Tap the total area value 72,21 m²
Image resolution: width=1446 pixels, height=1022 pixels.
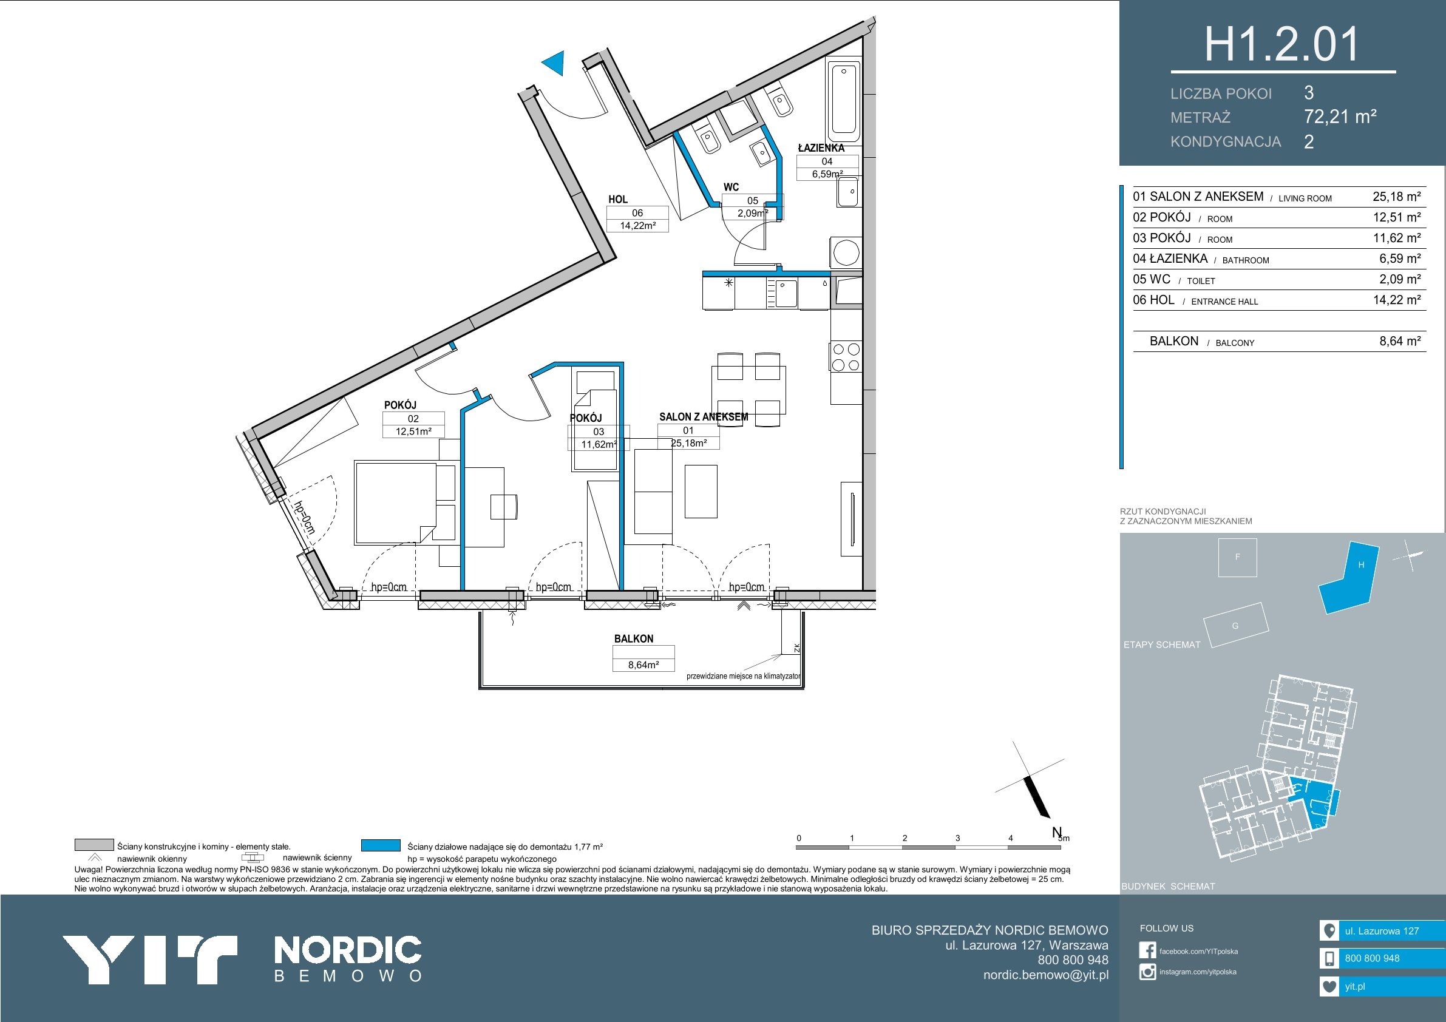coord(1340,117)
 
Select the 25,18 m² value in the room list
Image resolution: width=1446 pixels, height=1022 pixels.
coord(1397,197)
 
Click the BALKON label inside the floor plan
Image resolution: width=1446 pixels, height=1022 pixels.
coord(634,638)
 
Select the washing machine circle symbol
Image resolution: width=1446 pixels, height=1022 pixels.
coord(846,253)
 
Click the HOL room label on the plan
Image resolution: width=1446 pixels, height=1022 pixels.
coord(618,200)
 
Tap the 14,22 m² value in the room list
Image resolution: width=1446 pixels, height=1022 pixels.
coord(1397,300)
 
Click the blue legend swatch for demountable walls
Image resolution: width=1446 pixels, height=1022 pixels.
coord(381,845)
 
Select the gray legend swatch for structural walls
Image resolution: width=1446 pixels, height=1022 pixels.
coord(94,845)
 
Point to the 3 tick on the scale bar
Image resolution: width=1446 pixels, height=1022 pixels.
coord(957,838)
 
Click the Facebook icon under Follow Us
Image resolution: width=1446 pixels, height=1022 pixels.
coord(1147,950)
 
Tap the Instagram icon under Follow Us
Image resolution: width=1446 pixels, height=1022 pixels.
coord(1147,972)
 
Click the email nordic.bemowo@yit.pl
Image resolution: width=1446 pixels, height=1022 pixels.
coord(1046,975)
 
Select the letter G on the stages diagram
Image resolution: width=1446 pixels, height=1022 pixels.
coord(1235,626)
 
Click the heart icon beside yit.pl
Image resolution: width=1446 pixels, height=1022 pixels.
coord(1329,987)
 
